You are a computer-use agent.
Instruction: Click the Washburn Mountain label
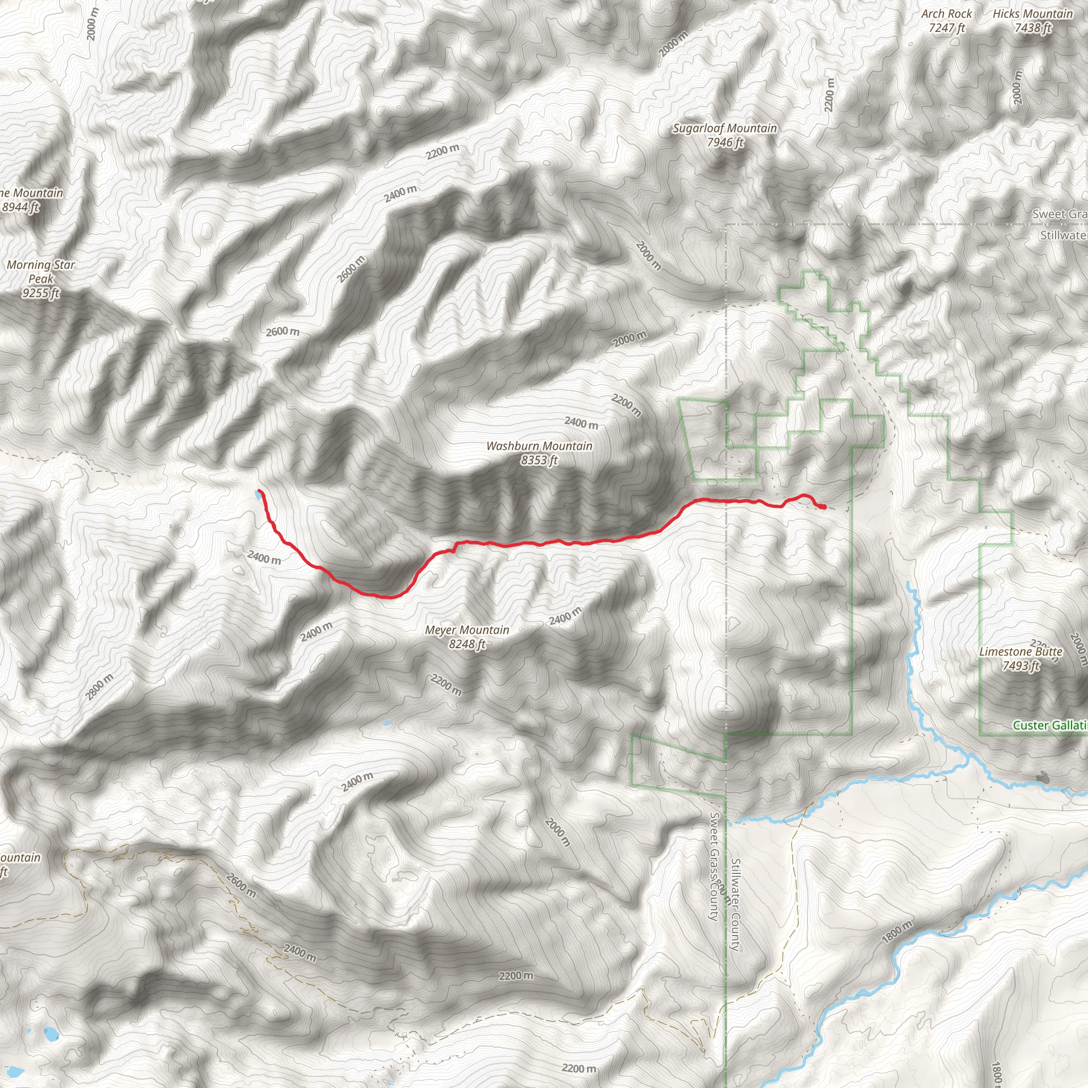pos(539,446)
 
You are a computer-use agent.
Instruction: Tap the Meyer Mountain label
pos(467,630)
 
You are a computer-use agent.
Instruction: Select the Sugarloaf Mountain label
pos(725,129)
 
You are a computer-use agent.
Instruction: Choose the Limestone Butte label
pos(1021,651)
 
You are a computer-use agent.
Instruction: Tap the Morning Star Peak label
pos(40,271)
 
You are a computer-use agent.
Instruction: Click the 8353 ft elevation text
pos(539,460)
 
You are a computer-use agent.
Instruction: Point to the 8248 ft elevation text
pos(467,644)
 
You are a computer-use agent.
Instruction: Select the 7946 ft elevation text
pos(725,142)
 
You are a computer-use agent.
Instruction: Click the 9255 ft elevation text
pos(40,293)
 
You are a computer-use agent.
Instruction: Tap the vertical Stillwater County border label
pos(735,905)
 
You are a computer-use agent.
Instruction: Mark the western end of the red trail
pos(259,491)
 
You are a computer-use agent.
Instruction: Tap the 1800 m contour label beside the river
pos(897,932)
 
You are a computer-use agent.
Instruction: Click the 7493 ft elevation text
pos(1021,666)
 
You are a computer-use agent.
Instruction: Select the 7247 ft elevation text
pos(947,28)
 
